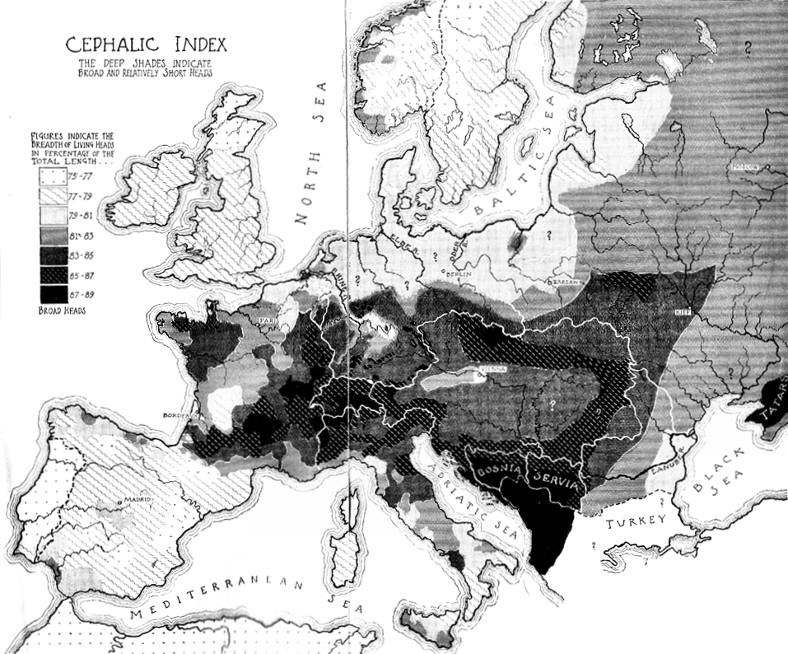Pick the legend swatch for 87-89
(48, 293)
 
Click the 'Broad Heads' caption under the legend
(63, 311)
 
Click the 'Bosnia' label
(495, 474)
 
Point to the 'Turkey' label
(636, 521)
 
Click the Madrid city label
(132, 500)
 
